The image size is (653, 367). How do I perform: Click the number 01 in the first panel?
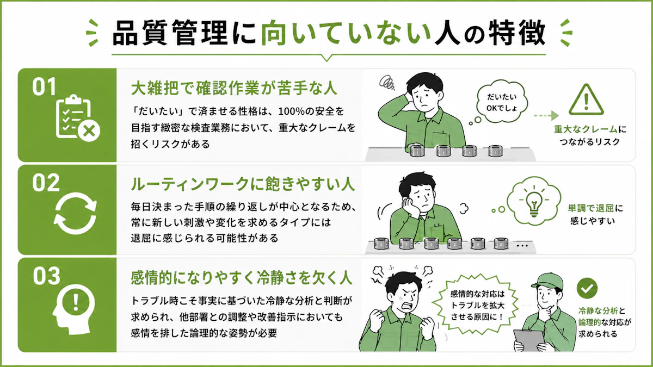(x=44, y=87)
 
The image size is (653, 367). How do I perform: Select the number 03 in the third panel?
(x=46, y=276)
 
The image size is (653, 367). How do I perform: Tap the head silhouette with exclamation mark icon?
(x=73, y=309)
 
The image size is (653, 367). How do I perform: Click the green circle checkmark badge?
(x=587, y=288)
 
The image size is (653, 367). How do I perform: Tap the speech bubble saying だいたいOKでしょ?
(x=502, y=102)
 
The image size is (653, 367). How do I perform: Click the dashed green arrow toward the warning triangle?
(x=546, y=116)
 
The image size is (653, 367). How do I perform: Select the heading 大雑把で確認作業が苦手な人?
(x=234, y=88)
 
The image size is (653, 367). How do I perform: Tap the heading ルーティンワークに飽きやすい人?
(x=243, y=184)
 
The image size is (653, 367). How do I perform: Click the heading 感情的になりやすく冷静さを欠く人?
(x=242, y=278)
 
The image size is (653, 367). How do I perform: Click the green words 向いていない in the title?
(x=346, y=33)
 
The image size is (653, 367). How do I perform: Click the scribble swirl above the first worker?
(x=386, y=82)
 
